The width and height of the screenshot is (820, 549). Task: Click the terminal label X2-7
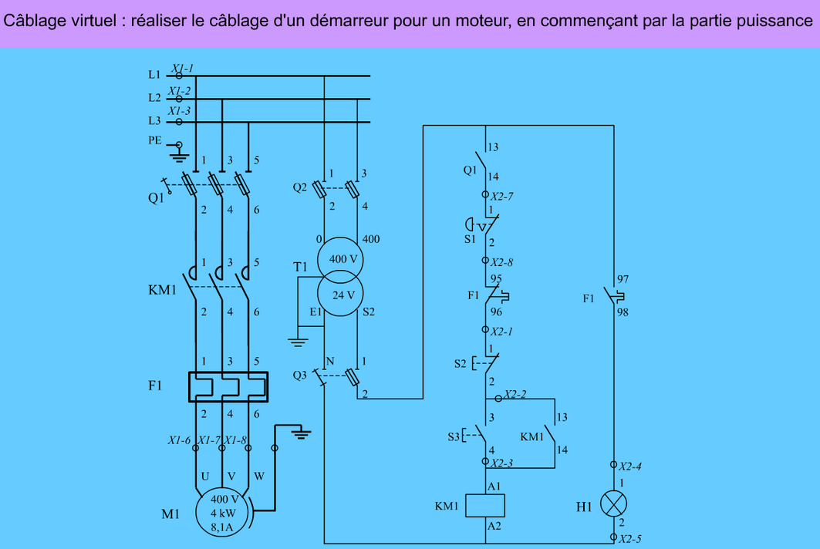(501, 197)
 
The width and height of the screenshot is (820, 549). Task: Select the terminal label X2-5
(630, 538)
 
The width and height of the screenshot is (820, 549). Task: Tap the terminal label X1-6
(180, 440)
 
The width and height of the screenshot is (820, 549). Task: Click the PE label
(155, 140)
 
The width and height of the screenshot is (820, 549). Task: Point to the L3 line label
(154, 121)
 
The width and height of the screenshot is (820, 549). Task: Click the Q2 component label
(299, 187)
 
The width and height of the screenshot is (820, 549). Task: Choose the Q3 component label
(299, 375)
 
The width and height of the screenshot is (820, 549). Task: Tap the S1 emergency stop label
(470, 239)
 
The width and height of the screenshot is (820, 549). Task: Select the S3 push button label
(454, 436)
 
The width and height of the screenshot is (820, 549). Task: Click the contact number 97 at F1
(623, 279)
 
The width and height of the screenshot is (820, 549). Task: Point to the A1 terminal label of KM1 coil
(494, 487)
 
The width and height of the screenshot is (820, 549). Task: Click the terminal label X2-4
(630, 466)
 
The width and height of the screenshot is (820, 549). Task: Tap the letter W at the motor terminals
(259, 477)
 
